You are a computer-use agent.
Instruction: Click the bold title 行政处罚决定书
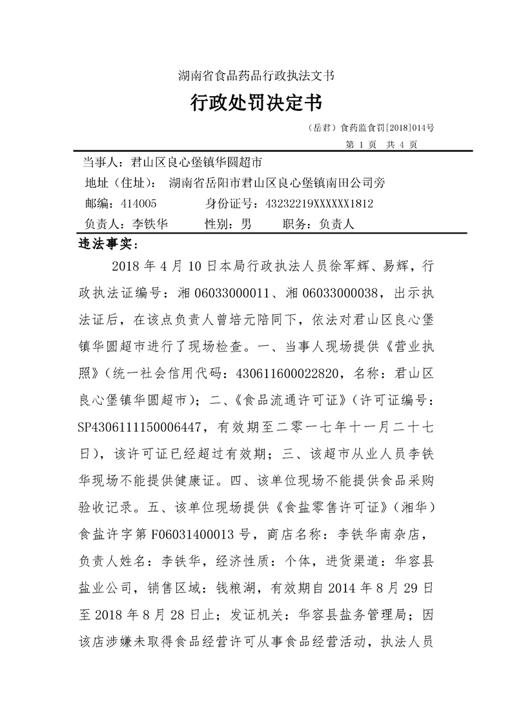256,103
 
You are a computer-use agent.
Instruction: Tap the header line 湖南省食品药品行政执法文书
256,75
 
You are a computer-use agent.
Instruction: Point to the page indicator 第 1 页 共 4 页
382,144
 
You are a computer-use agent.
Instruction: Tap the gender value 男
246,224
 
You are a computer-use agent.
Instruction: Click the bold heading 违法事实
103,245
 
